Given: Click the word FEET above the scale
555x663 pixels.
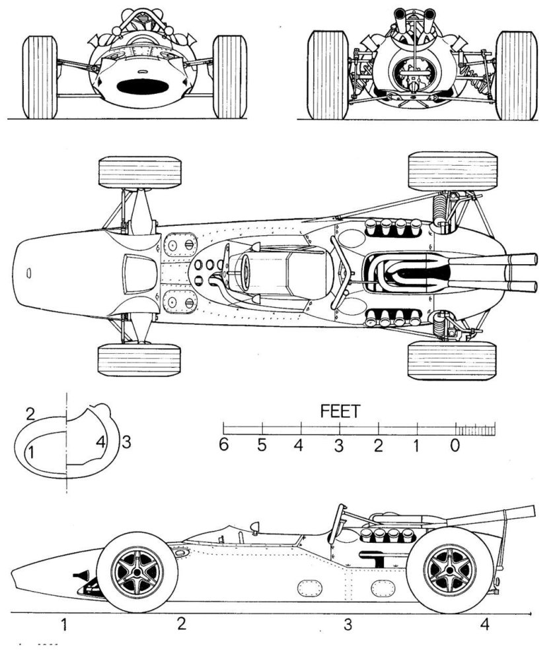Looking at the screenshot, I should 340,411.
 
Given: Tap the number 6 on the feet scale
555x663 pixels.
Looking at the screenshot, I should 223,445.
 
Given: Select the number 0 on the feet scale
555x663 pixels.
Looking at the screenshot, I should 455,445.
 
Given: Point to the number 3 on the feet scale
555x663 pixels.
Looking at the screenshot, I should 339,445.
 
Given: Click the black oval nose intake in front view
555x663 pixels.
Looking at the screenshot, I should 140,87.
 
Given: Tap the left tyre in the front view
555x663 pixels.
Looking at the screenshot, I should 40,77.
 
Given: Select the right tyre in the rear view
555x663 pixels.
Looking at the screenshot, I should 515,75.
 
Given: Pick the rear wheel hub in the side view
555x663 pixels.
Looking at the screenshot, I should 447,570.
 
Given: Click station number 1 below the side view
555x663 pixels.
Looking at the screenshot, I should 64,625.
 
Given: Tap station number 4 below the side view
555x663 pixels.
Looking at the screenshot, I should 485,625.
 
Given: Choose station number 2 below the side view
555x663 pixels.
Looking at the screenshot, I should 180,625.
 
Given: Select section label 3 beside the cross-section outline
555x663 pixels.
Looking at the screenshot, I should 126,443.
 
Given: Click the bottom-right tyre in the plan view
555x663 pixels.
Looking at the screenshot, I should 452,361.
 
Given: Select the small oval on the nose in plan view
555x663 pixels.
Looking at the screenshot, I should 29,273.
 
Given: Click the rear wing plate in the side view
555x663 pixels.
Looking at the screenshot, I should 492,516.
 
